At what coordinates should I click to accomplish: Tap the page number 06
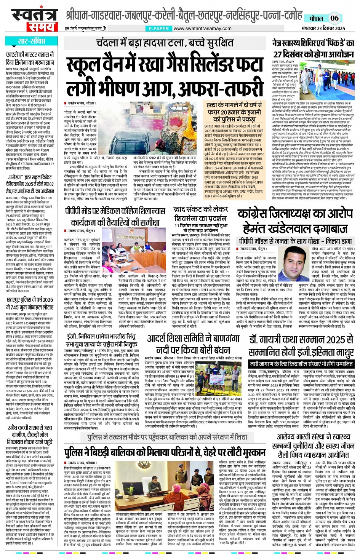tap(334, 18)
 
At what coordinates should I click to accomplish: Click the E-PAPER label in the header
tap(159, 29)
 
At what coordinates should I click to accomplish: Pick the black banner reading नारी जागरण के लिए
tap(301, 364)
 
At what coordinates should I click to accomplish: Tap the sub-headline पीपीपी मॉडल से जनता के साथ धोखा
tap(296, 241)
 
